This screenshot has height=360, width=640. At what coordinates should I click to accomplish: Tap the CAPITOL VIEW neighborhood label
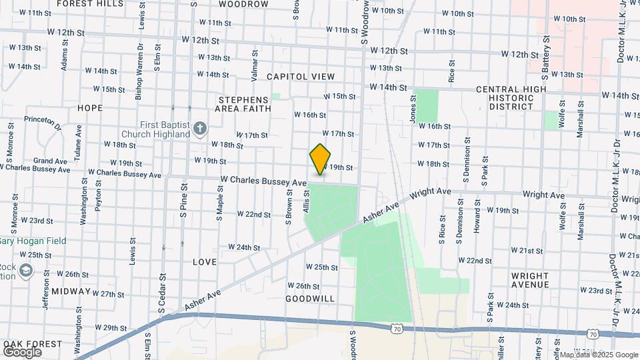pyautogui.click(x=301, y=77)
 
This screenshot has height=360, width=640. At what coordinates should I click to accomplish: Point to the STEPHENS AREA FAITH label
pyautogui.click(x=245, y=104)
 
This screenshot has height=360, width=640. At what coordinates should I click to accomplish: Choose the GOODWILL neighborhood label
pyautogui.click(x=309, y=299)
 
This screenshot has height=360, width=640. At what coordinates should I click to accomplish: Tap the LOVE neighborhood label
pyautogui.click(x=205, y=262)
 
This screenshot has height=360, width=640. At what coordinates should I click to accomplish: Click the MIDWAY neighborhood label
pyautogui.click(x=70, y=291)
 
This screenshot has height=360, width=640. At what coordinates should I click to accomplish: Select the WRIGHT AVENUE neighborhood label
pyautogui.click(x=530, y=280)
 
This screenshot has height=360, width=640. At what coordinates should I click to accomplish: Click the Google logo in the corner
pyautogui.click(x=22, y=352)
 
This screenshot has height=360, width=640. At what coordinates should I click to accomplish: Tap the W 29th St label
pyautogui.click(x=111, y=327)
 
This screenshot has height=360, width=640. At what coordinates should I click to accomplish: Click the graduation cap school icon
pyautogui.click(x=26, y=270)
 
